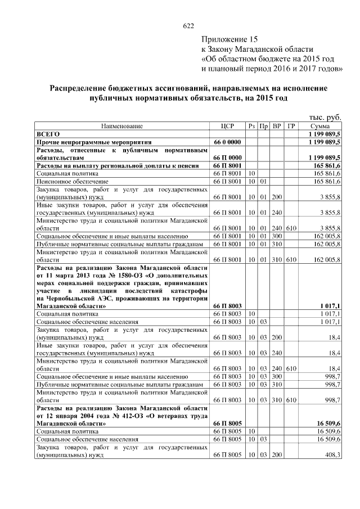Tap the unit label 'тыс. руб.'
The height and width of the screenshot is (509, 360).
[326, 117]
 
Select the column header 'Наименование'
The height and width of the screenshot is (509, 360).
[122, 126]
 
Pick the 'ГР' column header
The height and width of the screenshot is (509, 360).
[291, 126]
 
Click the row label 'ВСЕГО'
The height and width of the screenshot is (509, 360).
[48, 135]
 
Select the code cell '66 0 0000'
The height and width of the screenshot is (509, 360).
[227, 143]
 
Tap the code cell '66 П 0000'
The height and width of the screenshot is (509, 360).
[227, 157]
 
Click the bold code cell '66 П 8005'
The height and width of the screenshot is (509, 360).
[227, 421]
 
